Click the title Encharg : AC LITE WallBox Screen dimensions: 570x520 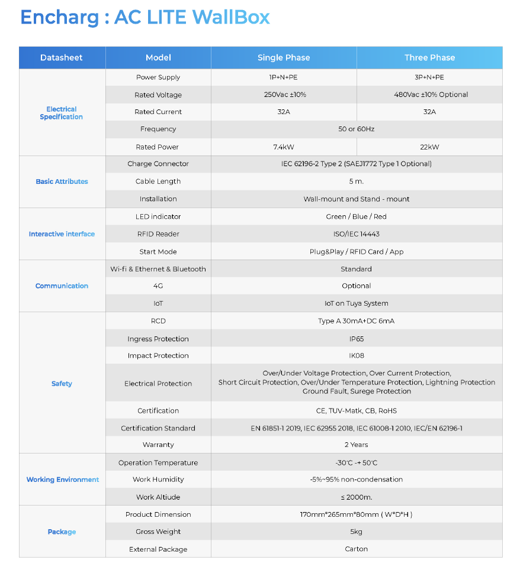[x=145, y=17]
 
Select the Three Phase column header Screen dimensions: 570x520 [x=429, y=57]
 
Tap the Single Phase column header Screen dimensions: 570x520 [x=284, y=57]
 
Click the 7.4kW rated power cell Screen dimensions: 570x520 [x=284, y=147]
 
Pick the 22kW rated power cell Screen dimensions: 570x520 [x=429, y=147]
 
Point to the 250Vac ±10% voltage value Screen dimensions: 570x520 [x=284, y=95]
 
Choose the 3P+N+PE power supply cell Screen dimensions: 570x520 [x=429, y=77]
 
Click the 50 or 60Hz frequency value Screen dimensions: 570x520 [x=357, y=129]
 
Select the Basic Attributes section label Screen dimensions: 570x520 [x=62, y=182]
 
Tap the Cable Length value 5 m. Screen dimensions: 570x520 [x=357, y=182]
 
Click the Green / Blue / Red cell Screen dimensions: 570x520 [x=357, y=216]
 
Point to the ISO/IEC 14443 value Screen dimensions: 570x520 [x=357, y=234]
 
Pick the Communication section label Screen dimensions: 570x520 [x=62, y=286]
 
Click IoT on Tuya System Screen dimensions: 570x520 [x=357, y=303]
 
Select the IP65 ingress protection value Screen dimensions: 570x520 [x=357, y=339]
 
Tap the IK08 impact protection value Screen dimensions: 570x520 [x=357, y=356]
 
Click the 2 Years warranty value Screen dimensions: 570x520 [x=357, y=445]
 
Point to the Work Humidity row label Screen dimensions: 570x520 [x=158, y=480]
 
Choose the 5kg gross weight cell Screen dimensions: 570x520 [x=357, y=532]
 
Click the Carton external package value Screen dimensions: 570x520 [x=357, y=549]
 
